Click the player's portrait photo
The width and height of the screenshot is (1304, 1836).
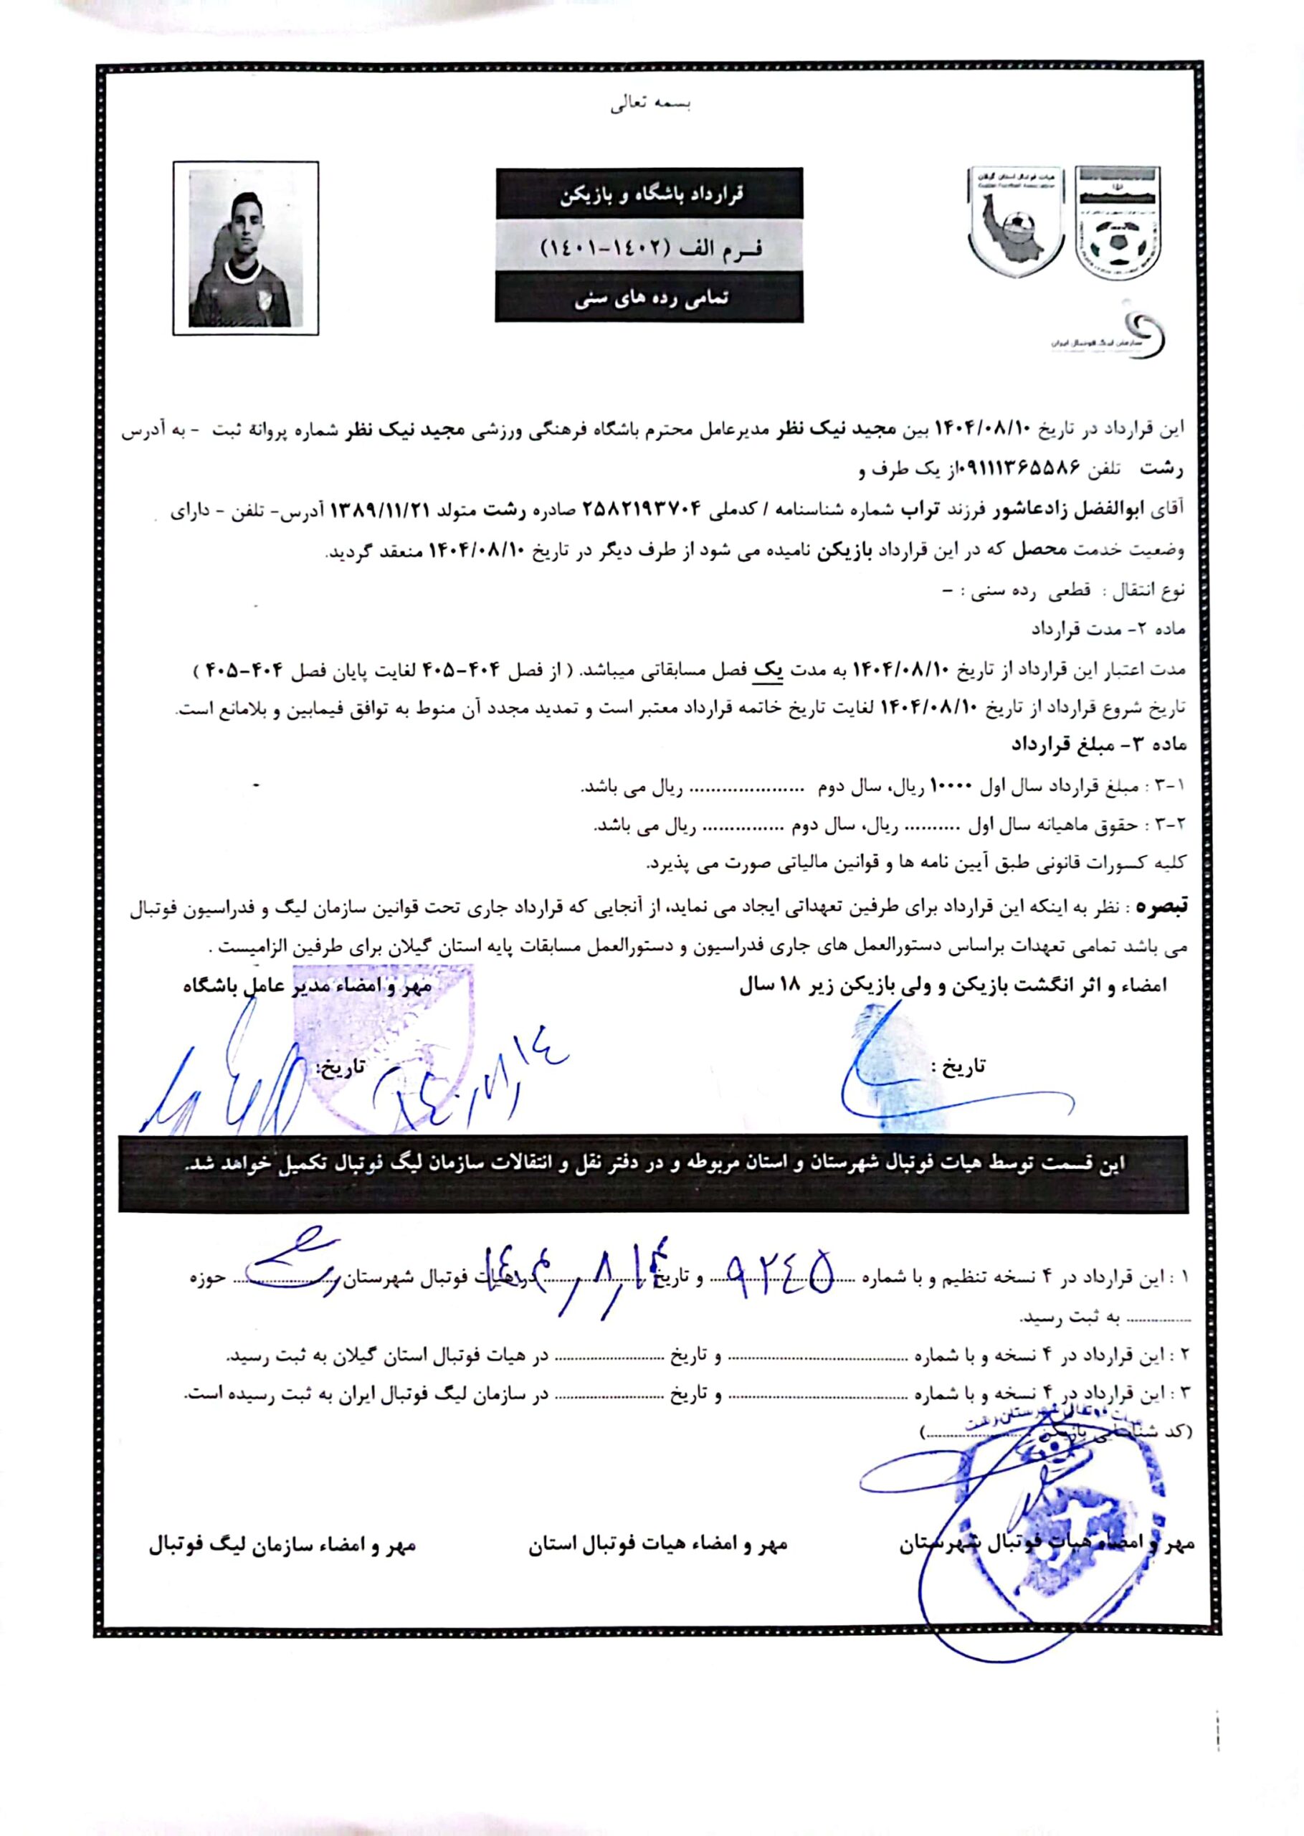point(245,248)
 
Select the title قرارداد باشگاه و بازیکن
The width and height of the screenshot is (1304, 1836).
point(649,194)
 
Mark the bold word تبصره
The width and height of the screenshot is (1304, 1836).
point(1158,909)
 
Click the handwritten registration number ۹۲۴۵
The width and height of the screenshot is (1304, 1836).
point(779,1274)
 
